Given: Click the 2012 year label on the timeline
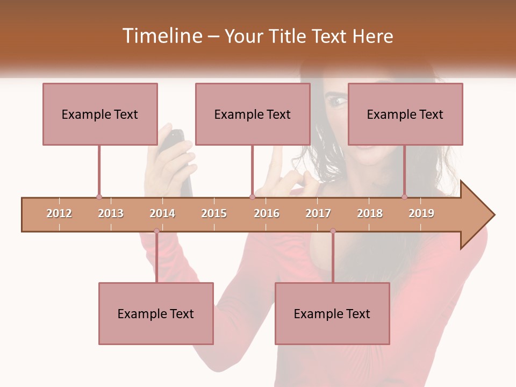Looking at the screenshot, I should click(59, 213).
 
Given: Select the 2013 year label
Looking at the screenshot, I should click(111, 213).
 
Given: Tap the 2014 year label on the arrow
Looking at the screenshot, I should click(162, 213).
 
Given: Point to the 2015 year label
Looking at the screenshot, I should click(214, 213).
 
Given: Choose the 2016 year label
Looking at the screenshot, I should click(267, 213).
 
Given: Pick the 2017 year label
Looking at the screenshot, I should click(318, 213).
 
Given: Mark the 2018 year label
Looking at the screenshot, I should click(370, 213).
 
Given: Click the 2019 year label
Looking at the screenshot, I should click(421, 213).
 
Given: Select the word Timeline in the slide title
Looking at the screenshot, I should click(162, 36).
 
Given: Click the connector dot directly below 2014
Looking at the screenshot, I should click(156, 231).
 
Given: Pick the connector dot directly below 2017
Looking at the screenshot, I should click(333, 231).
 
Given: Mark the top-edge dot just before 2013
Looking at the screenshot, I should click(99, 197).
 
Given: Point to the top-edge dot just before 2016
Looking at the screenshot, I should click(252, 197).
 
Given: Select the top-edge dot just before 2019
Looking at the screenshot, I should click(404, 197).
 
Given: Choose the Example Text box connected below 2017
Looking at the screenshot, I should click(332, 313).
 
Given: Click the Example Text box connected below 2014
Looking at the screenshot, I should click(156, 313).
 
